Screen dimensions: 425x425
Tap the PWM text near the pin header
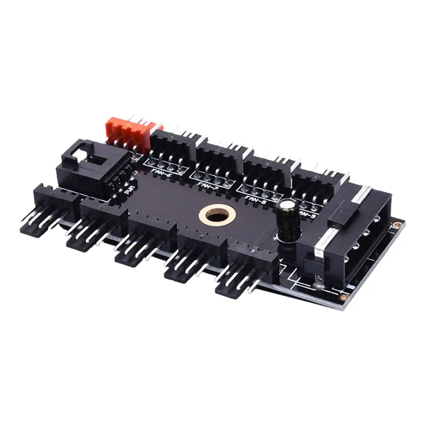(127, 190)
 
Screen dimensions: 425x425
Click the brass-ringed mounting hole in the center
(213, 215)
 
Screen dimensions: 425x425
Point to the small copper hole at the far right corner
(396, 224)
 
